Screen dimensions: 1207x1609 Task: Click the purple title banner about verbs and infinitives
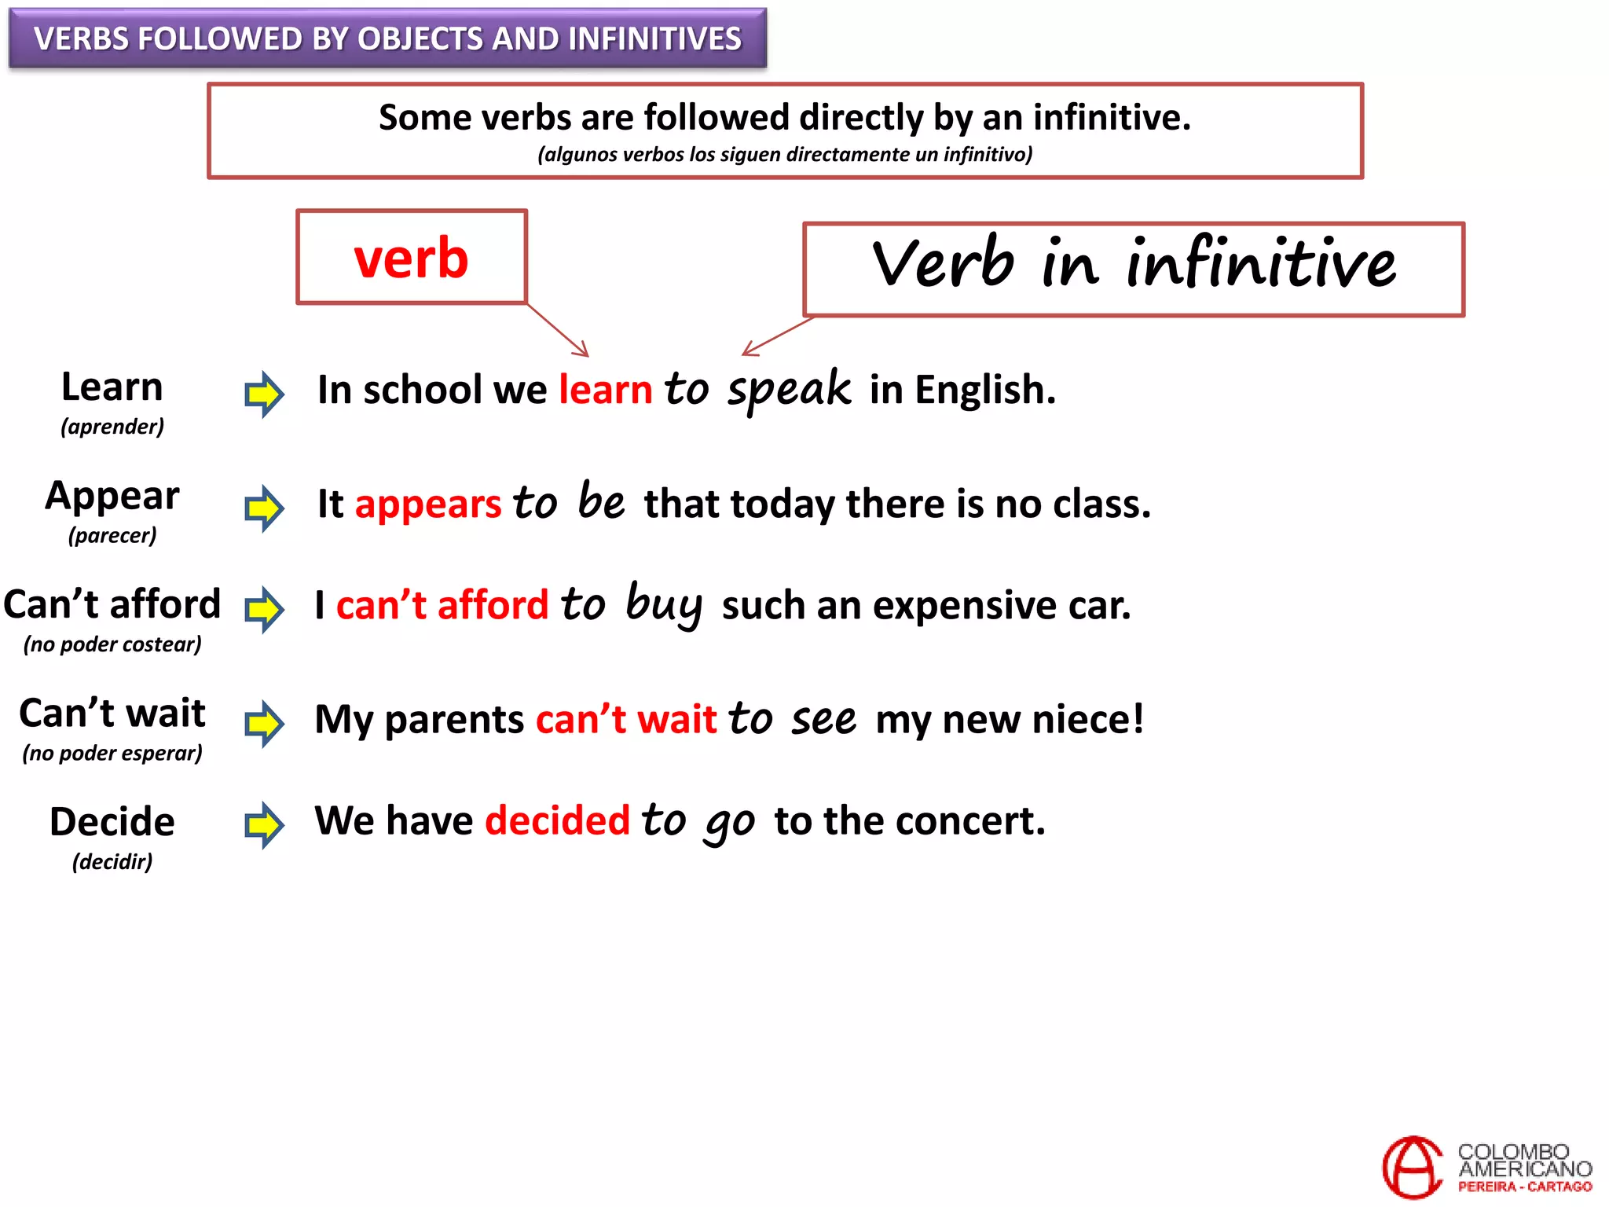[x=387, y=39]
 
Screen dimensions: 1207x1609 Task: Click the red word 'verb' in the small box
[x=411, y=258]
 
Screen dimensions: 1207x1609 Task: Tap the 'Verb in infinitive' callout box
[x=1134, y=268]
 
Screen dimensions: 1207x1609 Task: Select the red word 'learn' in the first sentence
[x=605, y=390]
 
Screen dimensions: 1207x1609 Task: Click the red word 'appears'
[x=427, y=504]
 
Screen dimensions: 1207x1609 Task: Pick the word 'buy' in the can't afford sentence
[x=664, y=605]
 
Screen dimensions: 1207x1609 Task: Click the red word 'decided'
[x=557, y=820]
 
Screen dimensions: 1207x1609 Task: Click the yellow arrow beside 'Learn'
[x=264, y=394]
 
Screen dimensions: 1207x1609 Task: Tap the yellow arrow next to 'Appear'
[x=264, y=508]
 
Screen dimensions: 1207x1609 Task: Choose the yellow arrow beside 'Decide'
[x=264, y=825]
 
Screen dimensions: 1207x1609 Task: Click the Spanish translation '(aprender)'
[x=112, y=427]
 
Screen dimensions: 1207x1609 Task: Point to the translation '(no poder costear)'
[x=112, y=644]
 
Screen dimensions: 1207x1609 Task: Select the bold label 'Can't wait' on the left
[x=112, y=713]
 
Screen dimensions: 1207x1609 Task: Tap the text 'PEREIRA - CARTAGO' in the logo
[x=1525, y=1187]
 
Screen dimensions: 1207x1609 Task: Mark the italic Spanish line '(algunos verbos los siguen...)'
[x=785, y=154]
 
